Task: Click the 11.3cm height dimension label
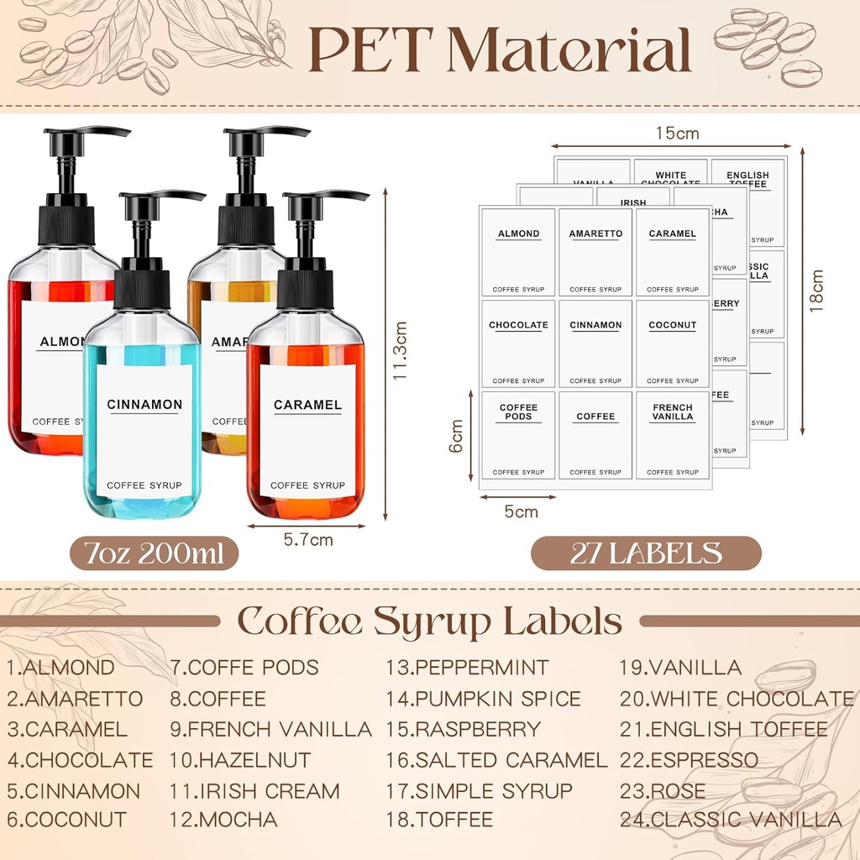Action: coord(401,350)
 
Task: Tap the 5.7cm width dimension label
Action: coord(309,540)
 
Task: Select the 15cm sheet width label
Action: coord(677,134)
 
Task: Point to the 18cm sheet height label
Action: coord(816,291)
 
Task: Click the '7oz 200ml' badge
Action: coord(154,553)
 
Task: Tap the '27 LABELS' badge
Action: coord(646,553)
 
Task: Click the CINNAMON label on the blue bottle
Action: coord(144,405)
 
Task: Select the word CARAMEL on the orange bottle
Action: coord(307,405)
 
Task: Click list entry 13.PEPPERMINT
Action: coord(467,669)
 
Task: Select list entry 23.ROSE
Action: coord(663,791)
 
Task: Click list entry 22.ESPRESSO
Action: coord(689,761)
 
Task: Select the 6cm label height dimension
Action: coord(456,437)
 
